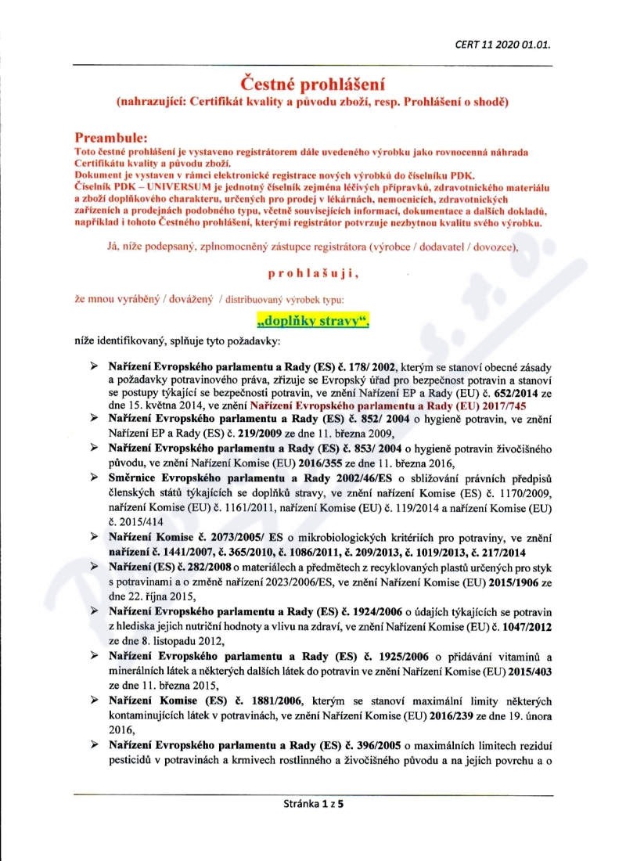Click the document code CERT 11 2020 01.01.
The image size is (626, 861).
pyautogui.click(x=503, y=44)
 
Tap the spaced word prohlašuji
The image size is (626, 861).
pyautogui.click(x=312, y=272)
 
